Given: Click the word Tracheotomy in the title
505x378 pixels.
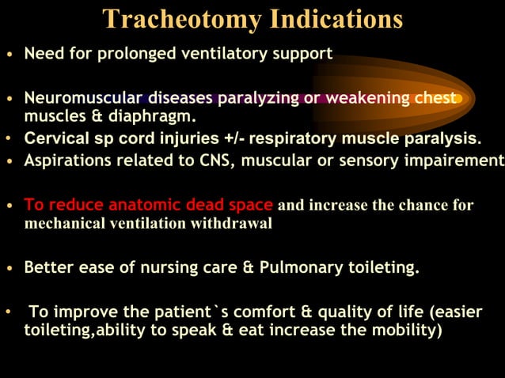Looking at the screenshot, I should pyautogui.click(x=183, y=18).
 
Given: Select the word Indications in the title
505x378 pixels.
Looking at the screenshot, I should pyautogui.click(x=336, y=18).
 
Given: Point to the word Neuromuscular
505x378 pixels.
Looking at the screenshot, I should pyautogui.click(x=80, y=98).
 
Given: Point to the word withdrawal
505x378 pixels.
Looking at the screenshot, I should pyautogui.click(x=231, y=223).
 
